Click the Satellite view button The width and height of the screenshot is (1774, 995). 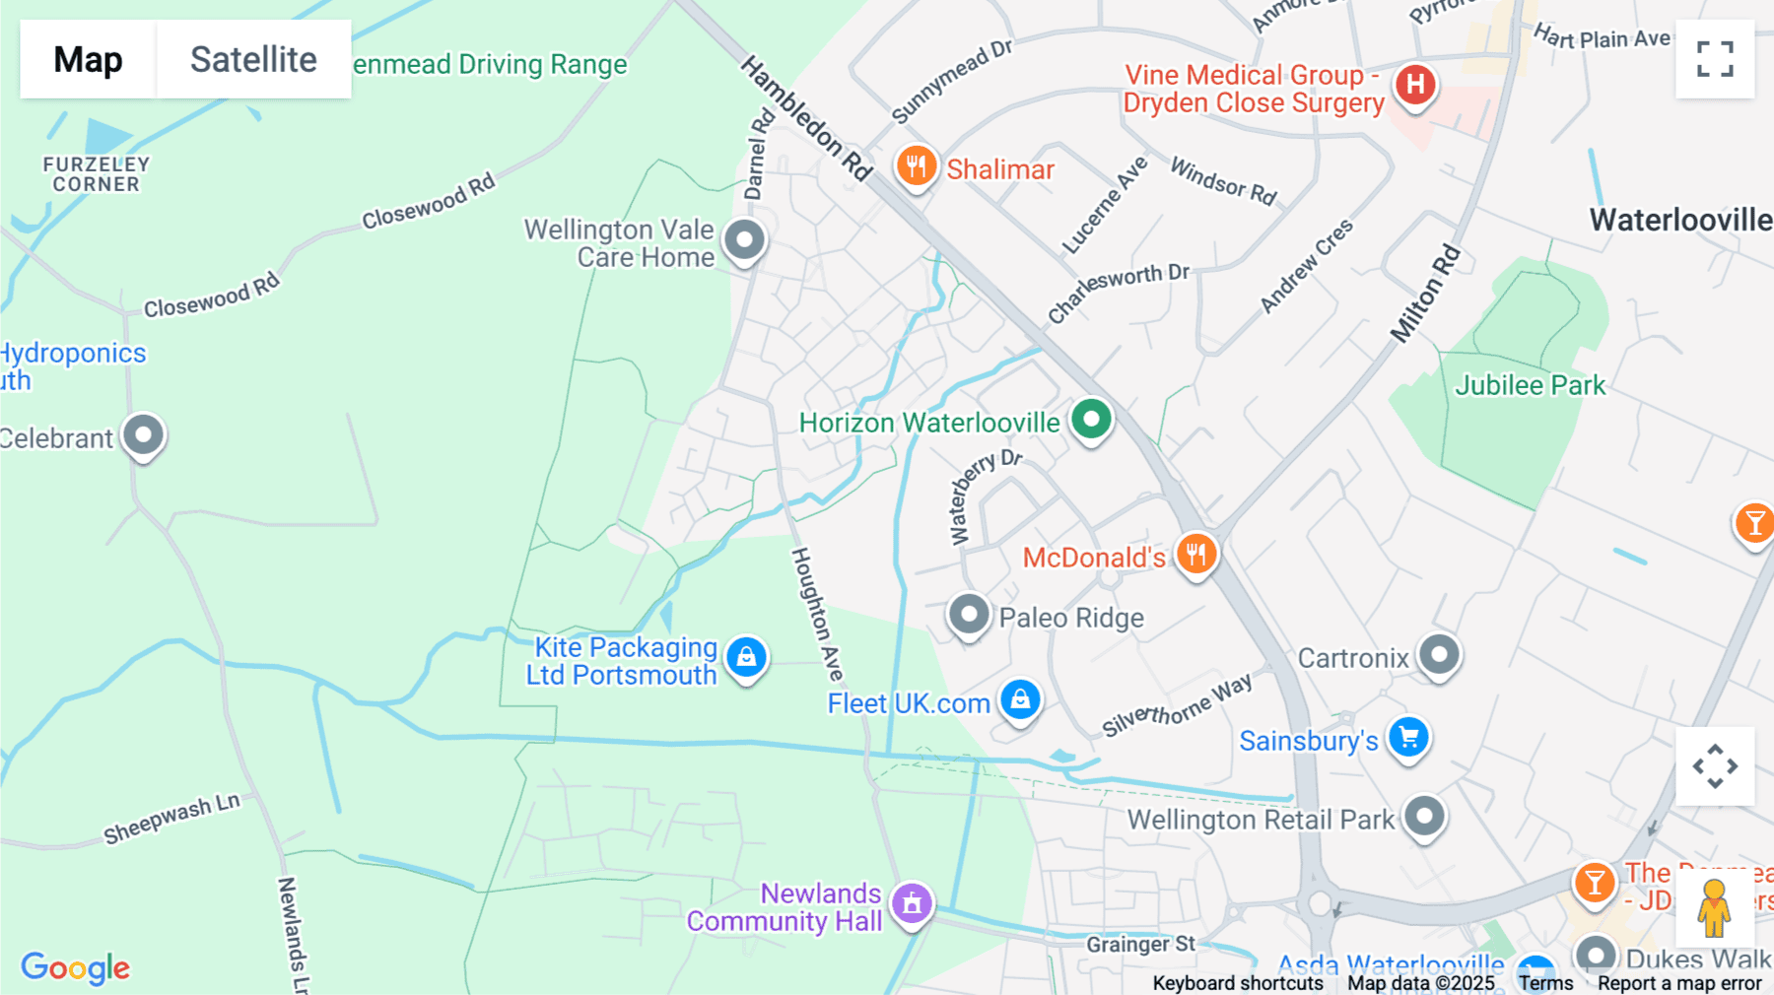click(253, 59)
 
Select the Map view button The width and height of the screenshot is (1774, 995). click(88, 59)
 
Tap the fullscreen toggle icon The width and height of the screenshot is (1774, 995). click(1715, 59)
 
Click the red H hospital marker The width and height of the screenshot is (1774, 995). click(1415, 84)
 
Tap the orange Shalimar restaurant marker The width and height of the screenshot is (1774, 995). click(916, 166)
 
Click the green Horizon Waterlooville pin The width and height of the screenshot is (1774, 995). click(1091, 419)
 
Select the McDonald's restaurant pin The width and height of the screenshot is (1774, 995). click(1195, 554)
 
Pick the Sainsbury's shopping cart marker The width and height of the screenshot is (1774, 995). click(1408, 737)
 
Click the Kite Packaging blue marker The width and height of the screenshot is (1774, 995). click(746, 656)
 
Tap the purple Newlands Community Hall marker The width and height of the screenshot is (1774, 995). click(912, 901)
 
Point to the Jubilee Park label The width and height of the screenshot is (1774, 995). click(1530, 385)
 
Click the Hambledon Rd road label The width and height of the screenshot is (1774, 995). click(806, 118)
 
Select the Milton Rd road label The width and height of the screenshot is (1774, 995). click(1425, 294)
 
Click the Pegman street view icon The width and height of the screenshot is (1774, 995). click(1714, 908)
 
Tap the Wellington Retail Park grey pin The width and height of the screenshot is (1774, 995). click(1424, 816)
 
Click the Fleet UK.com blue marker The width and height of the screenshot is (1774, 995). click(1020, 699)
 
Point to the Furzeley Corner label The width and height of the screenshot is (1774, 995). click(96, 174)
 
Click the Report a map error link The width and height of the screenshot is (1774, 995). click(1679, 983)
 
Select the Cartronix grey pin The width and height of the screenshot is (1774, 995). click(1439, 654)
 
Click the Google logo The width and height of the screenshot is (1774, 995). click(76, 967)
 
